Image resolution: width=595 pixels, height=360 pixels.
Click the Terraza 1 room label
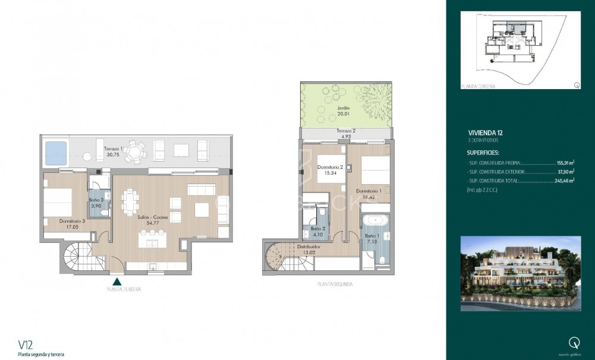coord(113,151)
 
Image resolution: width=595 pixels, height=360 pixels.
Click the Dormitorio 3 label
coord(71,223)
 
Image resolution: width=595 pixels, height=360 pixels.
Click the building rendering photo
coord(521,273)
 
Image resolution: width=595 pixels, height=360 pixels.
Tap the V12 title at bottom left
coord(26,345)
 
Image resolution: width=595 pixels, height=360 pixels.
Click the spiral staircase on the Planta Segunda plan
coord(277,257)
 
